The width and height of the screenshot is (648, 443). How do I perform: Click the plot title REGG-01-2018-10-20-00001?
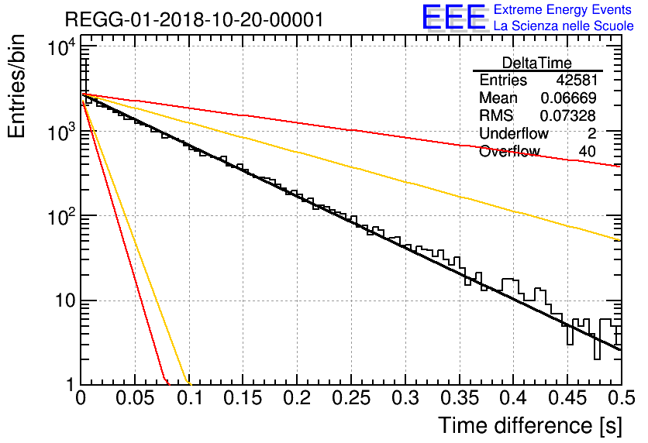[195, 19]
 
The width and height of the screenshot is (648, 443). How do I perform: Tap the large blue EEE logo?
[454, 17]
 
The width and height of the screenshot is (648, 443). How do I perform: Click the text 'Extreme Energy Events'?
[563, 9]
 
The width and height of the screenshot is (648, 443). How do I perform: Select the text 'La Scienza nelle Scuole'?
[564, 26]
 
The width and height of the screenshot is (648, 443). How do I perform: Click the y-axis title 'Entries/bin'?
[16, 86]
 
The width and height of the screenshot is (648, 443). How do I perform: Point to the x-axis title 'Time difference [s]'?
[530, 425]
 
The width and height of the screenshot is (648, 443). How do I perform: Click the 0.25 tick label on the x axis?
[351, 398]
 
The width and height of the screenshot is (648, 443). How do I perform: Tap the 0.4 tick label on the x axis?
[513, 398]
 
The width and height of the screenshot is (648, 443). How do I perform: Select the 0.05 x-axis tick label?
[135, 398]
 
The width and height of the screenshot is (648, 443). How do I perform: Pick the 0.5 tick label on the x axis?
[621, 398]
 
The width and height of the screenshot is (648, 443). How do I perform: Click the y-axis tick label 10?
[66, 301]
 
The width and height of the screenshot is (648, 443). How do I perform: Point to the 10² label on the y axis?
[61, 217]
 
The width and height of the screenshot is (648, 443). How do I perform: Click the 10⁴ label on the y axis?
[61, 47]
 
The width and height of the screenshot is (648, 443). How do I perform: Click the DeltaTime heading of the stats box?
[536, 63]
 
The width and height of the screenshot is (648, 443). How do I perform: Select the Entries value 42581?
[577, 80]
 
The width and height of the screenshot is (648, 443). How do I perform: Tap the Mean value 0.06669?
[569, 98]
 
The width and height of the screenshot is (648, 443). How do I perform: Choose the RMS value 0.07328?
[568, 115]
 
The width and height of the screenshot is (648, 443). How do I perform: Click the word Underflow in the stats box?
[514, 133]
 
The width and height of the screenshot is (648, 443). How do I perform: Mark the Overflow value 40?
[588, 151]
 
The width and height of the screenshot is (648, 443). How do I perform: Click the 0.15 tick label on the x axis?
[243, 398]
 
